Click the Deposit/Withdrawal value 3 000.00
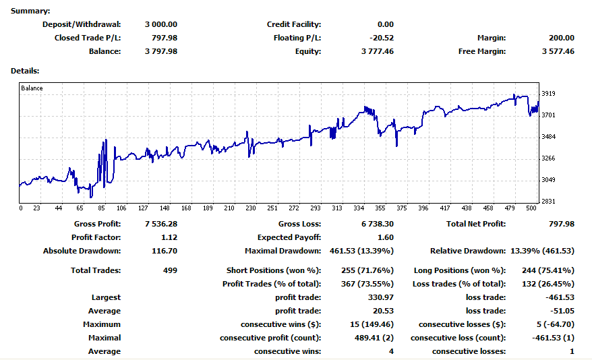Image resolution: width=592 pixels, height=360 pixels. (160, 24)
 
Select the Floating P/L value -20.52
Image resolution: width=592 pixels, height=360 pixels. (382, 38)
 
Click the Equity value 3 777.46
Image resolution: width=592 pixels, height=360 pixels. (377, 51)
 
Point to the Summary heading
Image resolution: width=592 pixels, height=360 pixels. (30, 11)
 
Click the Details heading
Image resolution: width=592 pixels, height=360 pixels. (25, 70)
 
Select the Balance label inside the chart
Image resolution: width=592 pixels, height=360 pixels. (32, 88)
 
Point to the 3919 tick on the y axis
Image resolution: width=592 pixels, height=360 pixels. (548, 94)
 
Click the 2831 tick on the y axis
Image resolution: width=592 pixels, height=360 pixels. (548, 202)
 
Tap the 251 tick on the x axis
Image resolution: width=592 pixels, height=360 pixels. (272, 208)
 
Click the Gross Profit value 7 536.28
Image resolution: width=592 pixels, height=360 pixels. (160, 224)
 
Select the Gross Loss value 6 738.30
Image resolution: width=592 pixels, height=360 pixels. (377, 224)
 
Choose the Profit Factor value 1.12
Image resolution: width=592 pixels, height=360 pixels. (169, 237)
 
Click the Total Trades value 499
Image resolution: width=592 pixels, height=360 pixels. (170, 270)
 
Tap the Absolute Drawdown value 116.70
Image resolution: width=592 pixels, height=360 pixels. (165, 251)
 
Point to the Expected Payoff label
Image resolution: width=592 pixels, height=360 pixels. (289, 237)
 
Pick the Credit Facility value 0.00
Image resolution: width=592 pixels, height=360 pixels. (386, 24)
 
